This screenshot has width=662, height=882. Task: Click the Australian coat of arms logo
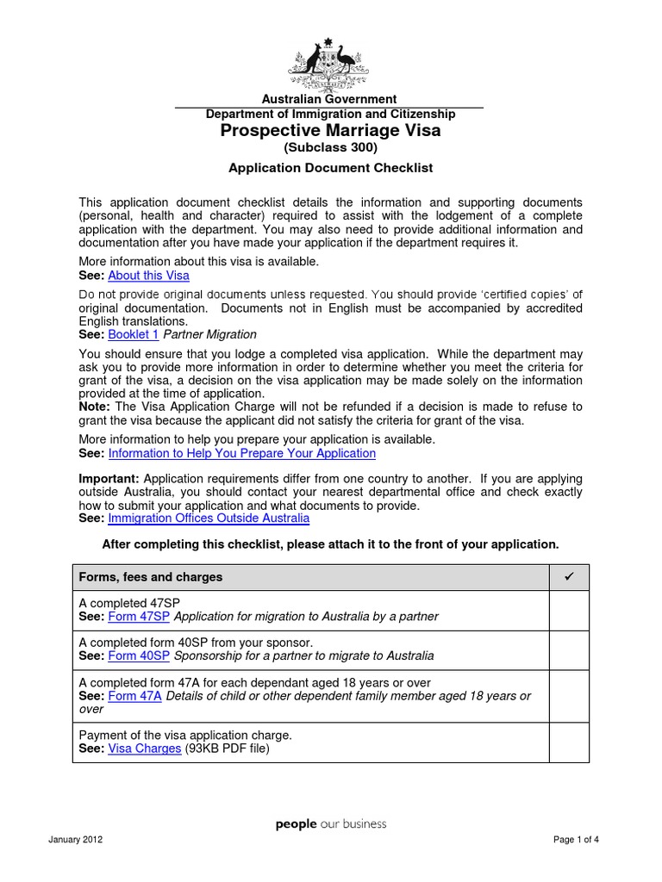pos(329,62)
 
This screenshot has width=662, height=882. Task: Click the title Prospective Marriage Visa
pos(330,130)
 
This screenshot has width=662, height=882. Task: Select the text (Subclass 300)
pos(330,147)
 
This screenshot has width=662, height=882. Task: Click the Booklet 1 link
pos(134,334)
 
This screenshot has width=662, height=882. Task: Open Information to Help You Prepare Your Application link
pos(242,453)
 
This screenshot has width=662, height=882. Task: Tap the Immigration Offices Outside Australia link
pos(209,519)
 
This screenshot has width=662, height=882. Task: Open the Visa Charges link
pos(145,748)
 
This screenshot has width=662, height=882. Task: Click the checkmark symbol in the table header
pos(569,576)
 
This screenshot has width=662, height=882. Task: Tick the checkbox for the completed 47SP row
pos(569,610)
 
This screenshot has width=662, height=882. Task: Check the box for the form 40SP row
pos(569,649)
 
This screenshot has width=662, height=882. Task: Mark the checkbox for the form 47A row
pos(569,696)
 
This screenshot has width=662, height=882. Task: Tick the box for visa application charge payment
pos(569,742)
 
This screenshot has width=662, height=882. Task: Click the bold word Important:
pos(109,479)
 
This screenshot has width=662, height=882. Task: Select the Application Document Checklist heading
pos(330,168)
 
